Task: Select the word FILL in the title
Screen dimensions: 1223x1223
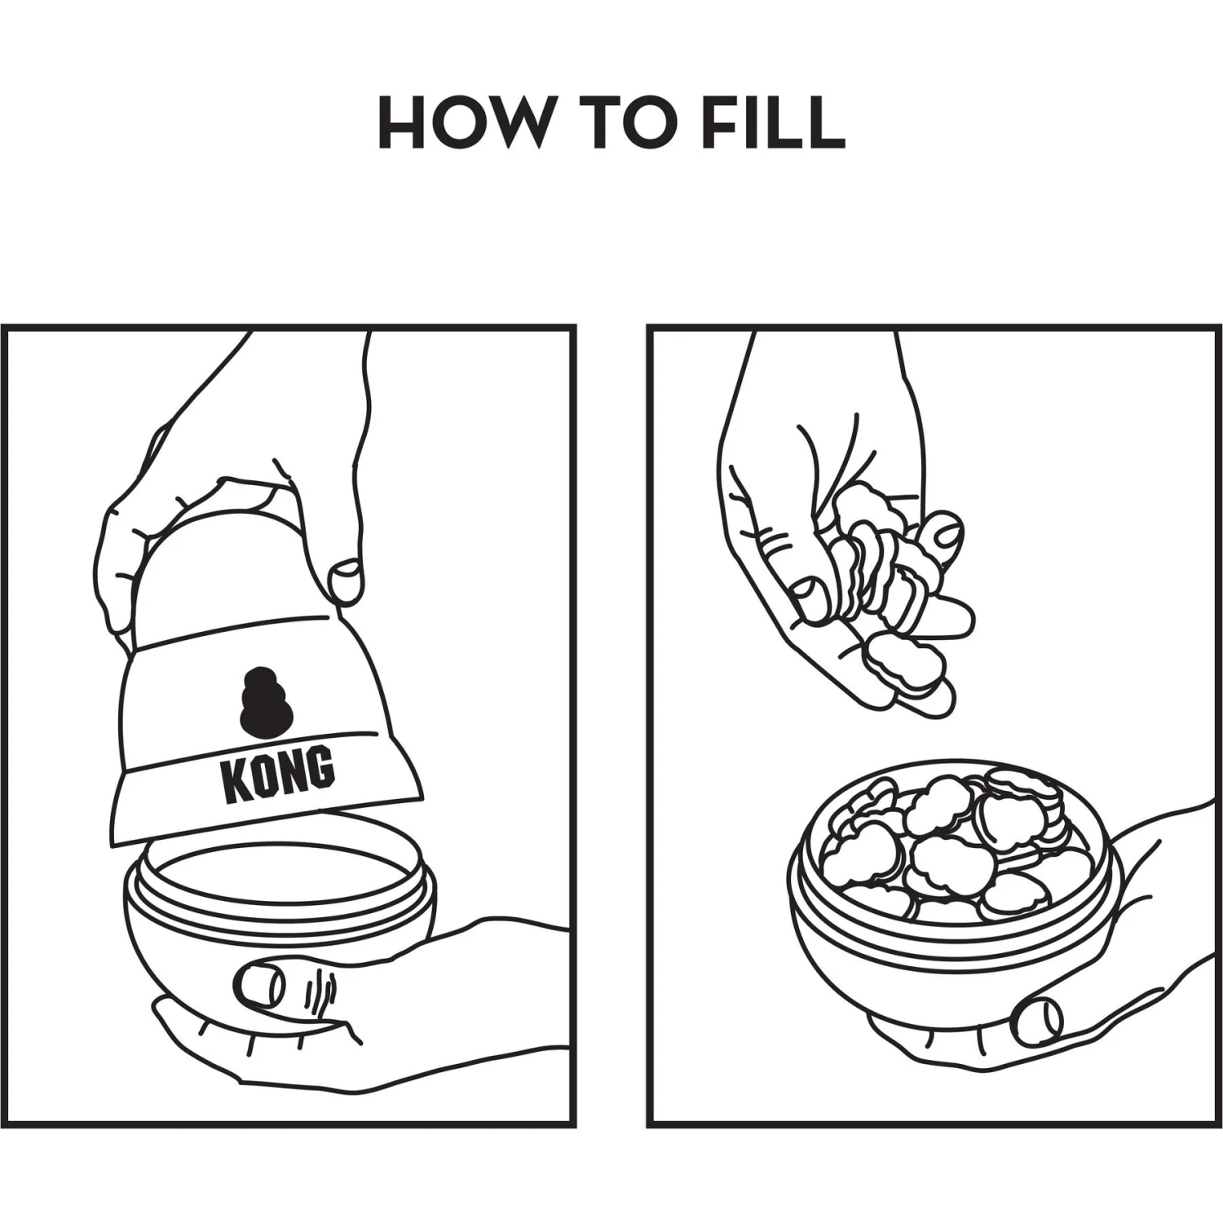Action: (x=773, y=122)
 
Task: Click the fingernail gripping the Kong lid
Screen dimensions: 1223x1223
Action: (x=346, y=578)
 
